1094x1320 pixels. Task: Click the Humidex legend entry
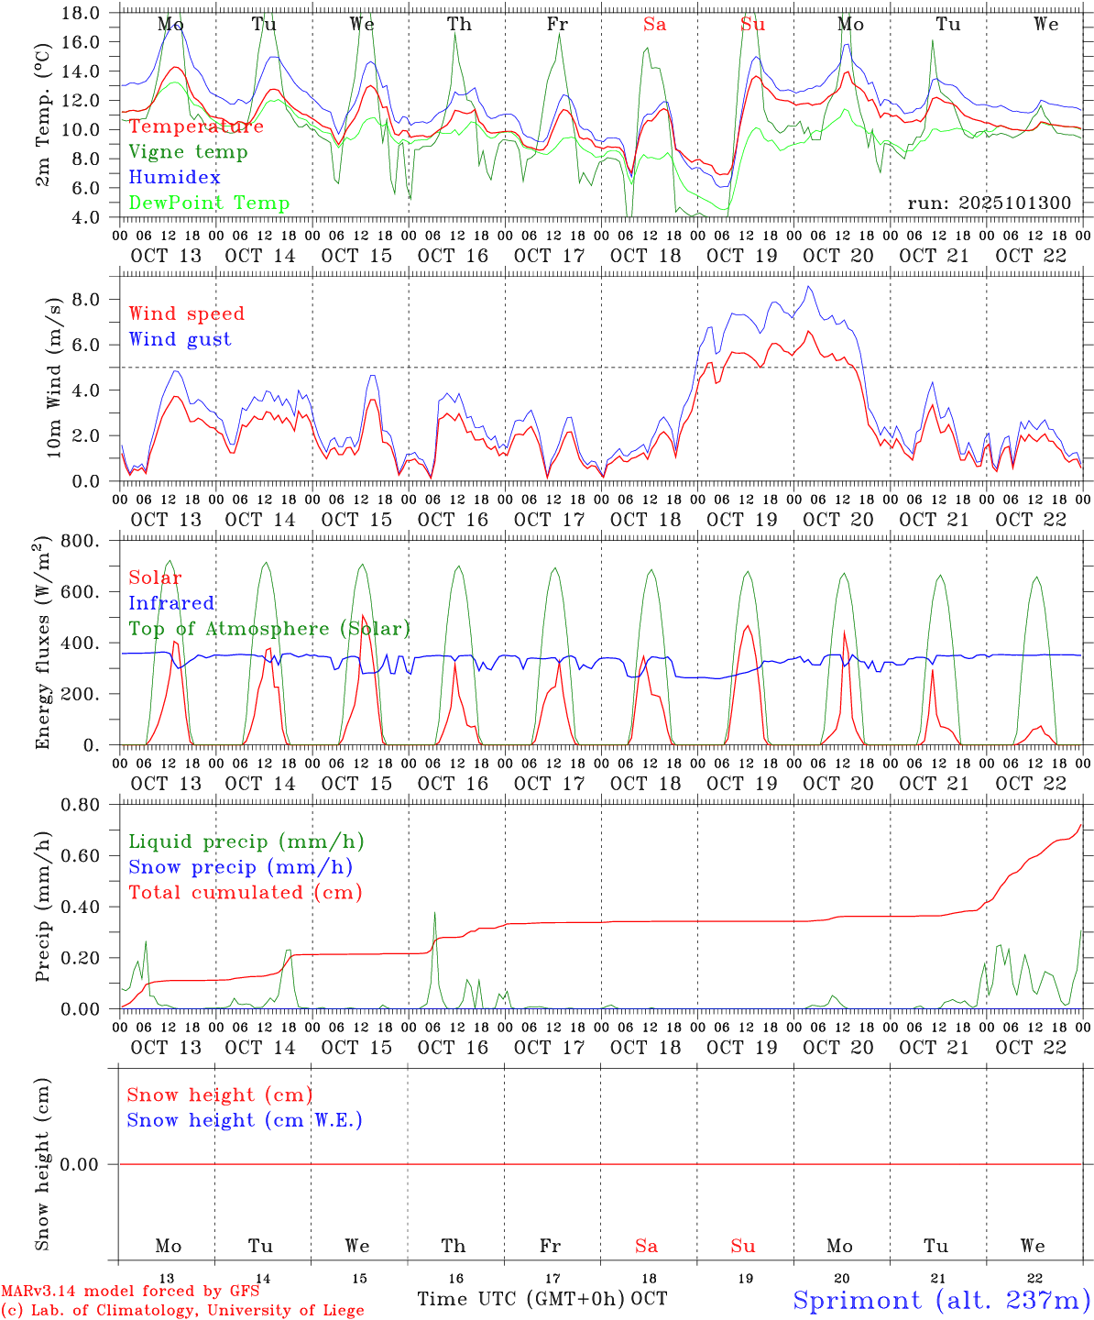click(x=174, y=177)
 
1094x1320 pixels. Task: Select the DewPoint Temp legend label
click(x=209, y=203)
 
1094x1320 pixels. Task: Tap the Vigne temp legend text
click(x=188, y=151)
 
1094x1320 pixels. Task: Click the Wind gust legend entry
click(x=180, y=339)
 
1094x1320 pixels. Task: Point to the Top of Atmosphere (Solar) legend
click(x=269, y=629)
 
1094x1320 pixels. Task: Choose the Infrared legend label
click(x=171, y=603)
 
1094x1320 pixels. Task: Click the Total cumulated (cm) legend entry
click(x=246, y=892)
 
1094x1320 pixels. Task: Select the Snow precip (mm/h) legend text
click(x=240, y=867)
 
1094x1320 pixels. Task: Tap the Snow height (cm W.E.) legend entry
click(x=245, y=1120)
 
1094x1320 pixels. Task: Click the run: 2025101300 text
click(x=990, y=203)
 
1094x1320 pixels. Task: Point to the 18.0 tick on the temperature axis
click(x=82, y=13)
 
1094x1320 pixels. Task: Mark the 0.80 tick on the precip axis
click(x=80, y=805)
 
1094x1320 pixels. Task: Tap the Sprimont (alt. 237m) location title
click(x=942, y=1300)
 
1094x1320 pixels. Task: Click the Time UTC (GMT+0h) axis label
click(x=521, y=1299)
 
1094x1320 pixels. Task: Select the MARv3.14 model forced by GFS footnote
click(x=130, y=1291)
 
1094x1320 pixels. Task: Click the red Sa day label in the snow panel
click(x=646, y=1246)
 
